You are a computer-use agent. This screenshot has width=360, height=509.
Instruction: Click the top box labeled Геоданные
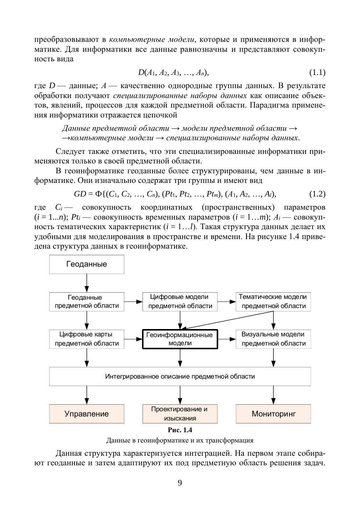[87, 264]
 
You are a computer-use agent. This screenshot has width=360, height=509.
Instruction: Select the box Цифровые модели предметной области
[180, 302]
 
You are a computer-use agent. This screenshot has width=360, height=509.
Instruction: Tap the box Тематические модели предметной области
[273, 302]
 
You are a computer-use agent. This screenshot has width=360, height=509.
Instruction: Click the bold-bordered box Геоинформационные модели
[180, 339]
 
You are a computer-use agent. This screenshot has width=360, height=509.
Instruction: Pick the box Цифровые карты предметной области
[87, 339]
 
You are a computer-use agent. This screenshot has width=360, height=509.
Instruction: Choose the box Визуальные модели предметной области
[273, 339]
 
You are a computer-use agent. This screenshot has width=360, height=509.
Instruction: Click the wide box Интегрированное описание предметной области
[180, 376]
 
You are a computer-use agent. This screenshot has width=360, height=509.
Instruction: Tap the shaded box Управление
[87, 414]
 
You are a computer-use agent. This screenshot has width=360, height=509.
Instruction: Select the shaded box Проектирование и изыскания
[180, 414]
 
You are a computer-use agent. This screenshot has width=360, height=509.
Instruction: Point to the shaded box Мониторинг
[273, 414]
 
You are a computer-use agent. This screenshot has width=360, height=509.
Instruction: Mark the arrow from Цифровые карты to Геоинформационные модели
[133, 339]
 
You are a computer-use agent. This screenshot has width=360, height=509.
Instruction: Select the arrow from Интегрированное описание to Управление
[87, 395]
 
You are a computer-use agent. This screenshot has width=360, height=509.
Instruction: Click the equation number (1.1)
[317, 73]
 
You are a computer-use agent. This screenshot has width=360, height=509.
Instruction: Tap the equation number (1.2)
[317, 194]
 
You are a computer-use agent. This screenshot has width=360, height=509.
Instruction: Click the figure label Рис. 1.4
[180, 430]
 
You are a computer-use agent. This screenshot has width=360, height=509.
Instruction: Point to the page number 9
[180, 483]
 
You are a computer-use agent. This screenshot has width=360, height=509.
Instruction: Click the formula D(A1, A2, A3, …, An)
[173, 73]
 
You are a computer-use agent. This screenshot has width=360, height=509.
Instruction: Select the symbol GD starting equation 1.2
[80, 194]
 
